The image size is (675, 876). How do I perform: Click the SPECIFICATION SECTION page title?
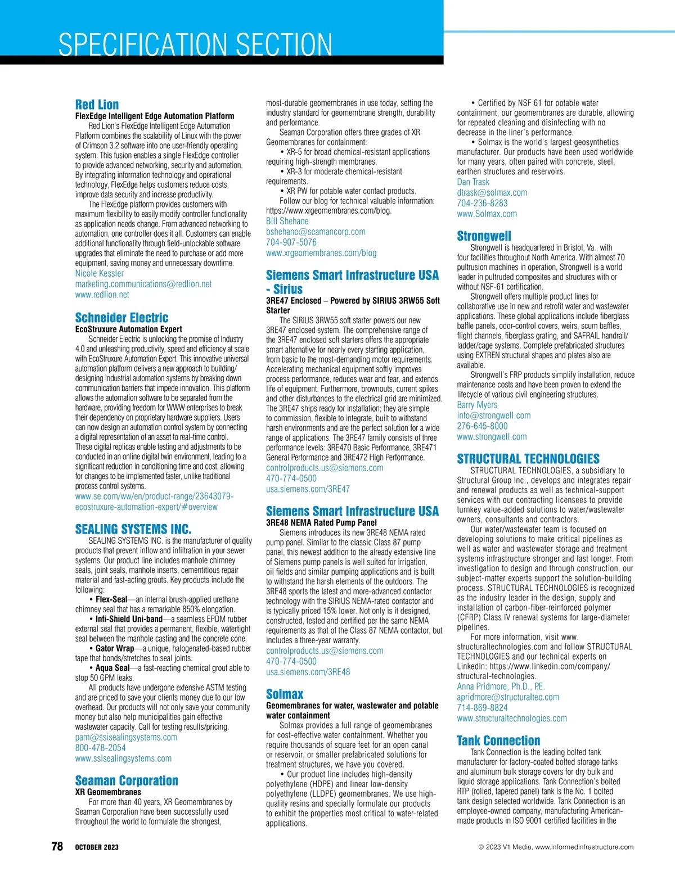point(195,44)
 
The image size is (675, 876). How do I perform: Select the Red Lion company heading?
point(97,105)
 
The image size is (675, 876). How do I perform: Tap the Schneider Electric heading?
point(121,318)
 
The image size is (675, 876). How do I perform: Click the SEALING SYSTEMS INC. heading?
point(133,529)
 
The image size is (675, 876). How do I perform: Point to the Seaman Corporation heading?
point(127,780)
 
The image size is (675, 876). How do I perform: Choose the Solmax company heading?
point(285,694)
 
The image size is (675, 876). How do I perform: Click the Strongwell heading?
point(484,236)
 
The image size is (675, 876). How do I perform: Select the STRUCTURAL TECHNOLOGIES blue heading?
point(528,459)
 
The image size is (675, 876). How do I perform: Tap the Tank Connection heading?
point(498,740)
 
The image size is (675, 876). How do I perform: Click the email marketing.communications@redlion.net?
point(143,284)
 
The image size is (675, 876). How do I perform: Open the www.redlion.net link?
point(102,295)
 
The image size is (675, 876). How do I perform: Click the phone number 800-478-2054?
point(101,748)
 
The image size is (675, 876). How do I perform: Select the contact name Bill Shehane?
point(287,221)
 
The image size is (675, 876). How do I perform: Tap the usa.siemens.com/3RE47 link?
point(308,489)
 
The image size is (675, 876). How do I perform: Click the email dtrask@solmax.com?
point(492,192)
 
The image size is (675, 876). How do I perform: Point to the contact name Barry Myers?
point(477,405)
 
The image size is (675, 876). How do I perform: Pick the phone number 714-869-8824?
point(482,708)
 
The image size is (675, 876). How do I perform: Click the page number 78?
point(57,846)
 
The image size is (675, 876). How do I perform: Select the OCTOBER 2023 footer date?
point(97,847)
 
